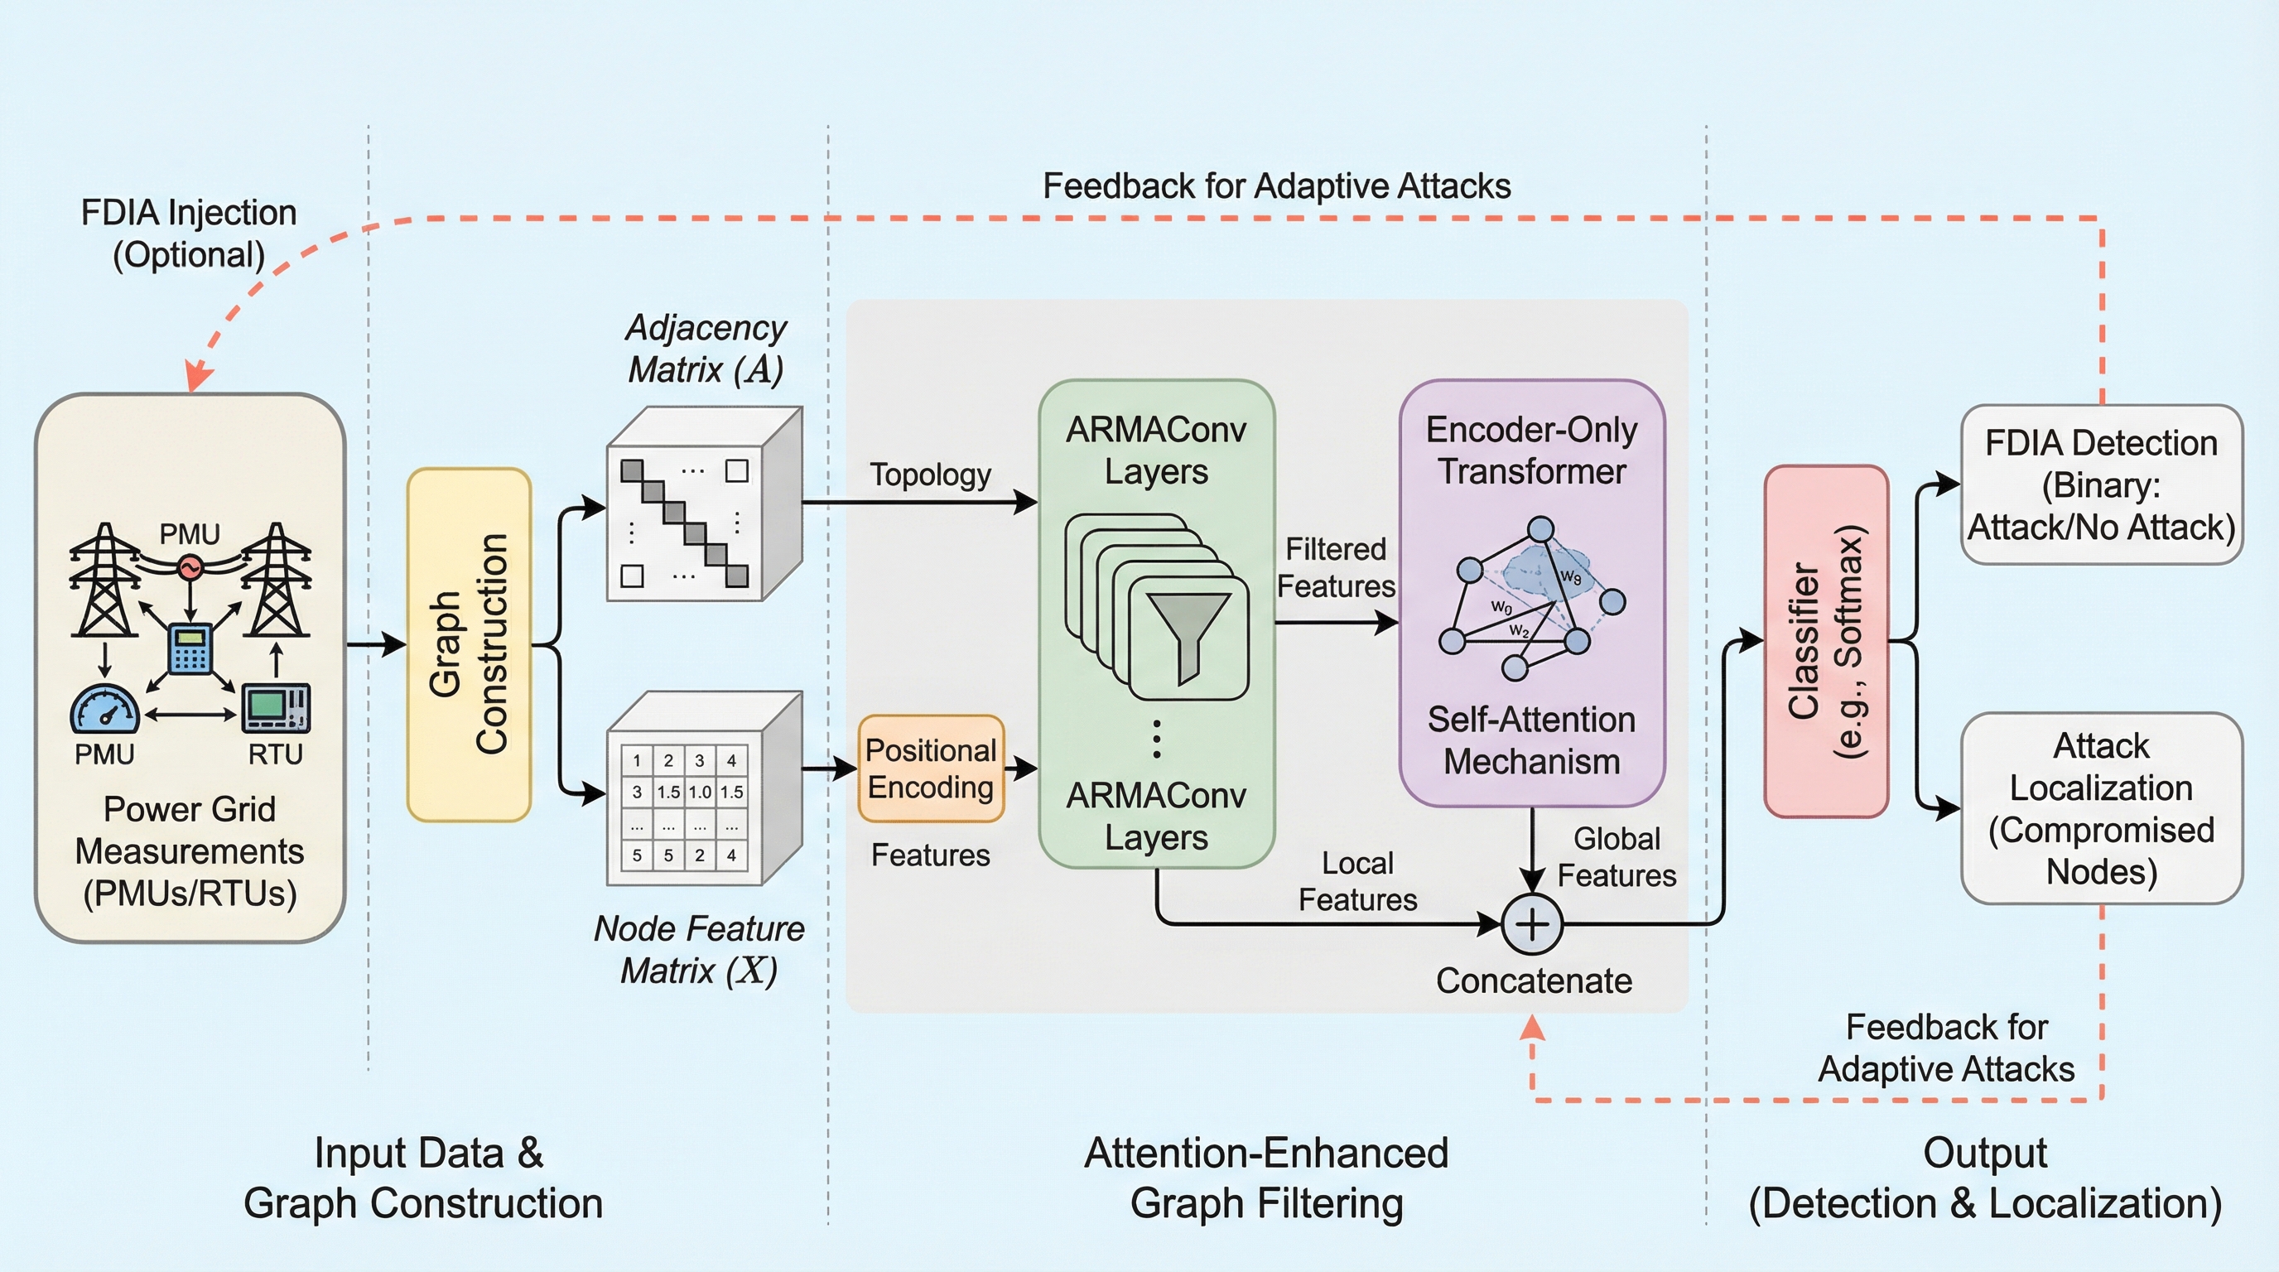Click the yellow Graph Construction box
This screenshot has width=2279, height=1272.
(x=469, y=644)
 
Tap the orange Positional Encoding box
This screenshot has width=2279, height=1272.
(x=931, y=768)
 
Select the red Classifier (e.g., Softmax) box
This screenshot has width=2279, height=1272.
(x=1826, y=641)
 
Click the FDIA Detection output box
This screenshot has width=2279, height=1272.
(x=2101, y=484)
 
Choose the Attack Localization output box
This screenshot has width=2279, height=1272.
(x=2101, y=808)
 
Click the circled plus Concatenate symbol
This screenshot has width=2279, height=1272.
(x=1532, y=924)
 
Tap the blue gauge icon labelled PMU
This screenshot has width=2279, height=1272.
(x=104, y=709)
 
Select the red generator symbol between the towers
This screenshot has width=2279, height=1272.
(x=190, y=567)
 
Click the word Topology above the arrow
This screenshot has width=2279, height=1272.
(x=930, y=475)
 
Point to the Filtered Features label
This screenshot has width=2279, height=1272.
(x=1336, y=568)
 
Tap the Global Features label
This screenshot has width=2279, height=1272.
(x=1616, y=857)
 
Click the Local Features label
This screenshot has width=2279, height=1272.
(x=1357, y=881)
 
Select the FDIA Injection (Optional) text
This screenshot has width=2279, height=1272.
(x=189, y=234)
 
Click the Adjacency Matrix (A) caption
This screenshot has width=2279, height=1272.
(x=705, y=349)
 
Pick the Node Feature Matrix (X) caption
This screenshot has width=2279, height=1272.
(x=699, y=950)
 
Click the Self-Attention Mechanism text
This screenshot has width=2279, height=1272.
(x=1531, y=740)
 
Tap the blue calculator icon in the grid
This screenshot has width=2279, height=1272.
(x=190, y=648)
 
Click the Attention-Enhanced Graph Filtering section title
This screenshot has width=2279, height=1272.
(x=1266, y=1178)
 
